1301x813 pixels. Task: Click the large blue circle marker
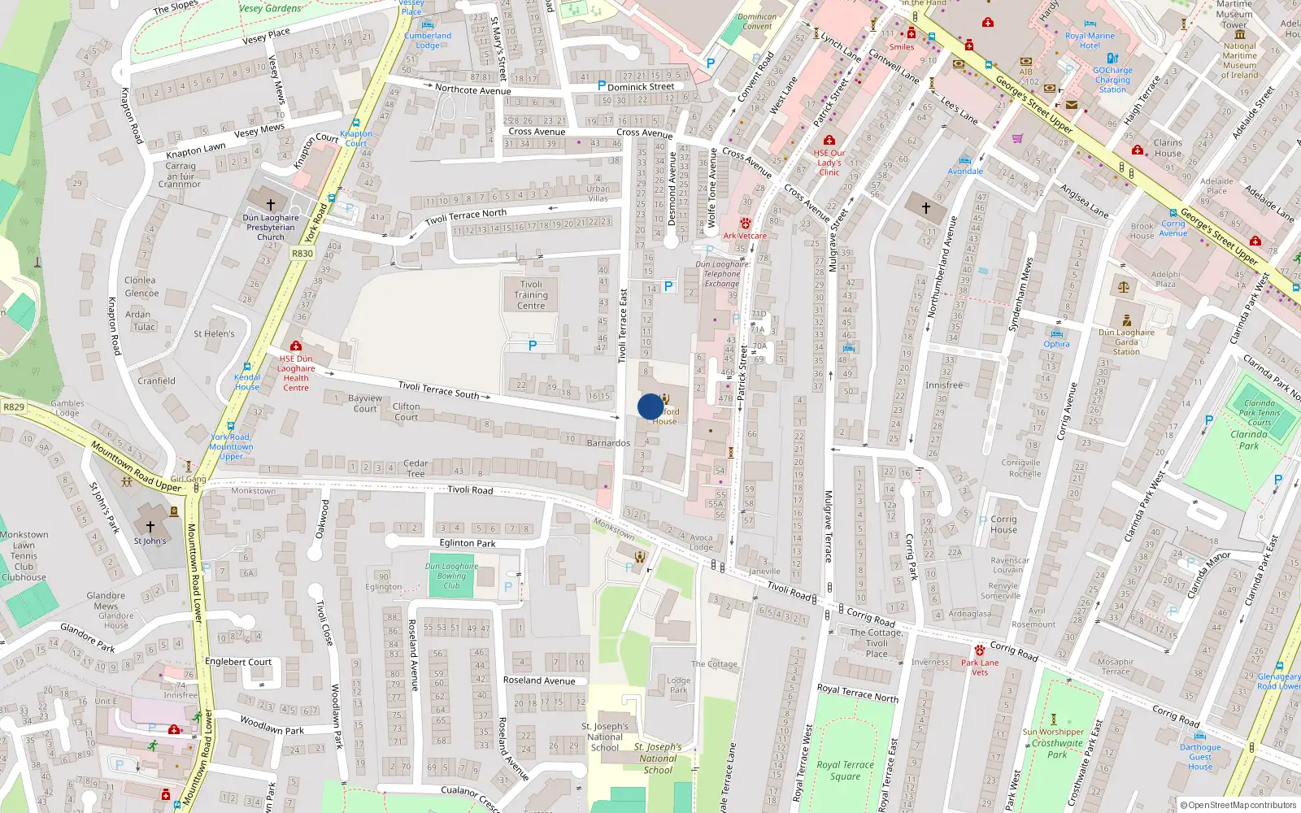(650, 406)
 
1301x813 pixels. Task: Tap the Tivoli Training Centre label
(531, 295)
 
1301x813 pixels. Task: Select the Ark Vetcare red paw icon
(745, 224)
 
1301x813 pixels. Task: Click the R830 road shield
(302, 254)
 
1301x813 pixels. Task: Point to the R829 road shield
(14, 406)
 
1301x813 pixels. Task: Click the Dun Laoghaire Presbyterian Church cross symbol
(271, 204)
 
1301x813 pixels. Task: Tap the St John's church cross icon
(150, 527)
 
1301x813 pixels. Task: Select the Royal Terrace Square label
(845, 770)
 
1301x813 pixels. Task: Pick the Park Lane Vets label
(980, 667)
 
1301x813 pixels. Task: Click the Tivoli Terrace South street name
(439, 390)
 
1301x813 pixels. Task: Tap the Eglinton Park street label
(468, 543)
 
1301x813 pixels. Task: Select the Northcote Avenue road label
(472, 89)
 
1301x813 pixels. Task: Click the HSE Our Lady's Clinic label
(829, 162)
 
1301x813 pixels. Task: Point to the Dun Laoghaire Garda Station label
(1126, 341)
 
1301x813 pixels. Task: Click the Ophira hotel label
(1056, 344)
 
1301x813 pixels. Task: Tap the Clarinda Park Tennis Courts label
(1259, 412)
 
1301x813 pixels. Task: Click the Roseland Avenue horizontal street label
(538, 680)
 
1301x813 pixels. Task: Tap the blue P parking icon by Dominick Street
(602, 85)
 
